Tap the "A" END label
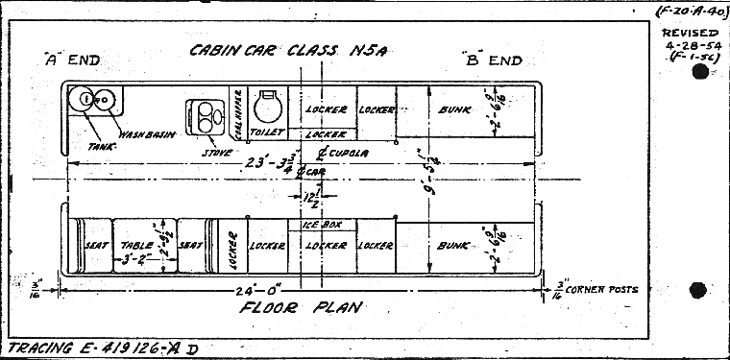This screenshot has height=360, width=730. (73, 60)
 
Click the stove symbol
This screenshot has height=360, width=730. (203, 116)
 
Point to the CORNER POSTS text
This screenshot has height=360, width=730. (601, 289)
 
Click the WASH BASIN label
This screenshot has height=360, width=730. (144, 133)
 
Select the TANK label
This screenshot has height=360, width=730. (100, 147)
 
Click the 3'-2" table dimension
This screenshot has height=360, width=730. (134, 259)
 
